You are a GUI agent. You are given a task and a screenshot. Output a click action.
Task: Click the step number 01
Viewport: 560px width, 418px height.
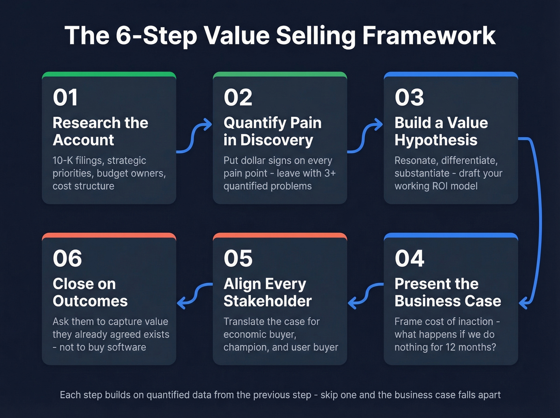pyautogui.click(x=65, y=98)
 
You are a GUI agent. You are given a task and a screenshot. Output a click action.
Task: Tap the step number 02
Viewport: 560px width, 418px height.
pyautogui.click(x=238, y=98)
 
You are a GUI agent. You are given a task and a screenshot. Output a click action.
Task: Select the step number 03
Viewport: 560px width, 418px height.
pyautogui.click(x=409, y=98)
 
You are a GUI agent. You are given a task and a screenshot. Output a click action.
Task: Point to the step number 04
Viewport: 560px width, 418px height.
pyautogui.click(x=409, y=258)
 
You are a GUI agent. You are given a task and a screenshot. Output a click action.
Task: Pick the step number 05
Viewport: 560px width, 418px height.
pyautogui.click(x=238, y=258)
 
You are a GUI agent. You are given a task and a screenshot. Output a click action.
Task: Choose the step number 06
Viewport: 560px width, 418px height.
pyautogui.click(x=67, y=258)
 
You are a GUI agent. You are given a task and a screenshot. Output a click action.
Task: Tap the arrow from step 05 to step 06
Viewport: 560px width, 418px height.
pyautogui.click(x=194, y=295)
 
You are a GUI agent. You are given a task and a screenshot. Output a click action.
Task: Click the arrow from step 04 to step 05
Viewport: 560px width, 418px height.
pyautogui.click(x=366, y=295)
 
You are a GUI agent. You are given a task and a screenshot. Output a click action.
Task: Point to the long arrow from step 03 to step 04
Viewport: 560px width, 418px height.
pyautogui.click(x=538, y=220)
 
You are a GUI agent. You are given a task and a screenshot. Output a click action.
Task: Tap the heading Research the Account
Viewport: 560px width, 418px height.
pyautogui.click(x=100, y=131)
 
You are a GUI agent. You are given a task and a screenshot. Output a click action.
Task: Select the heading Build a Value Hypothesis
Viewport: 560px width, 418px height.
pyautogui.click(x=441, y=131)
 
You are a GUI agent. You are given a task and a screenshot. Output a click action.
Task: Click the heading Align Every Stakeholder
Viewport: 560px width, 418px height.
pyautogui.click(x=267, y=292)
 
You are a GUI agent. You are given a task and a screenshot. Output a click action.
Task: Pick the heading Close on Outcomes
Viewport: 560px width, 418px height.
pyautogui.click(x=90, y=292)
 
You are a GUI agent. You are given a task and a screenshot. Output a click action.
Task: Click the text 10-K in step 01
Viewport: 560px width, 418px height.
pyautogui.click(x=63, y=160)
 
